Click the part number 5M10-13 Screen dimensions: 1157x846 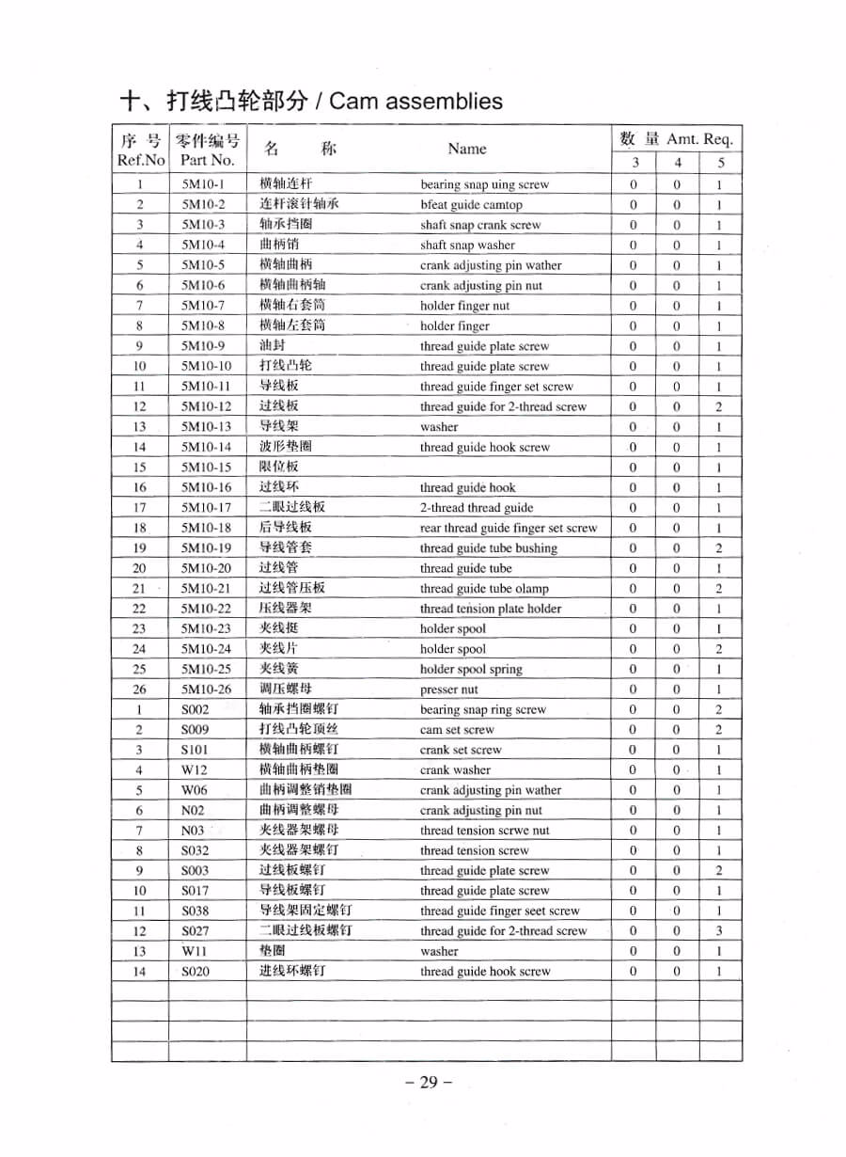(206, 427)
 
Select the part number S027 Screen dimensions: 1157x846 (196, 931)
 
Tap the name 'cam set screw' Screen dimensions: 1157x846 (457, 730)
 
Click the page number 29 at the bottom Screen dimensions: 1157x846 (429, 1082)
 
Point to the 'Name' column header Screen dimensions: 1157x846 (467, 149)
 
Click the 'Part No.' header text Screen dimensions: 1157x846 (207, 160)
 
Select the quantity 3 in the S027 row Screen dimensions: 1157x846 (719, 931)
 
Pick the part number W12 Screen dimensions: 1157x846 (194, 770)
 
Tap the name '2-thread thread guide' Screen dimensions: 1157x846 (477, 508)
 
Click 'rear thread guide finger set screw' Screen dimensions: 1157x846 (509, 528)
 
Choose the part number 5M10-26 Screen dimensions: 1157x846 (206, 689)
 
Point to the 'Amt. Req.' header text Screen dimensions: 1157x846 (699, 139)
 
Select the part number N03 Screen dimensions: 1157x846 (193, 831)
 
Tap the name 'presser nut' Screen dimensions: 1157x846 (448, 689)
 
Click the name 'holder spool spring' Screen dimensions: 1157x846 (471, 670)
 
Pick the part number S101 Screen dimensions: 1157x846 (196, 751)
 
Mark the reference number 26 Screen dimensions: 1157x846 (139, 689)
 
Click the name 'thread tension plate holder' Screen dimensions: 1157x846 (491, 609)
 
